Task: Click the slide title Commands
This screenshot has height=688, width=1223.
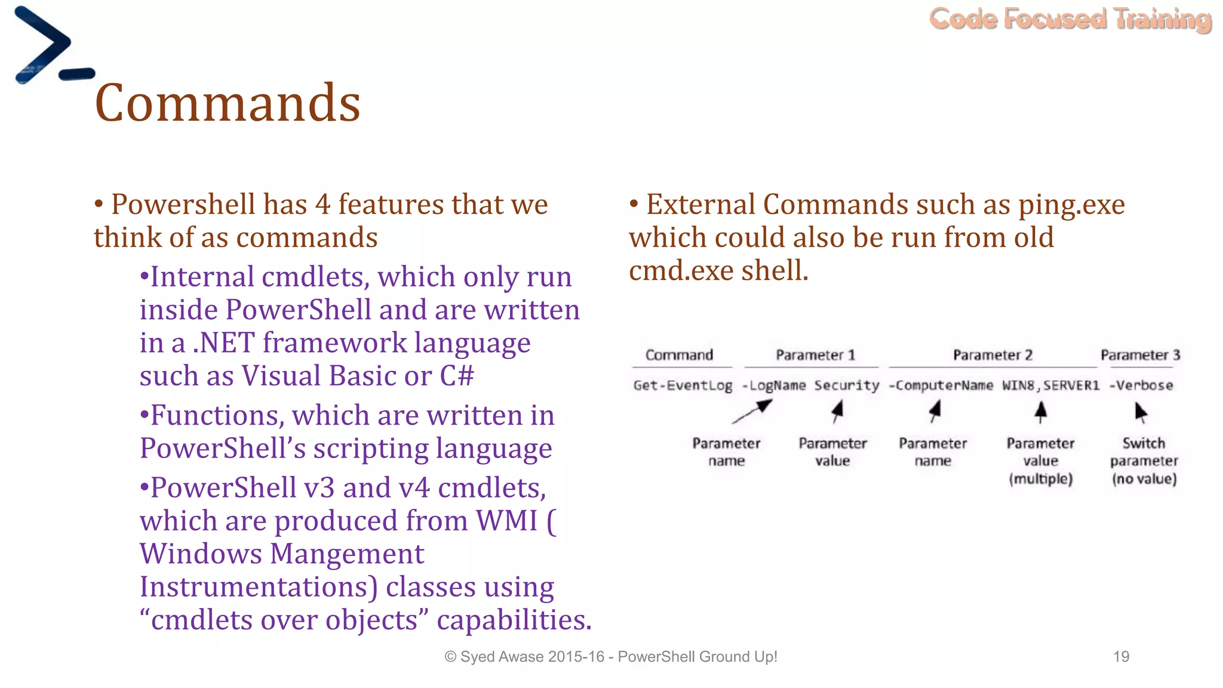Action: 228,103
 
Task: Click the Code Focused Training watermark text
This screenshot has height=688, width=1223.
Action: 1070,19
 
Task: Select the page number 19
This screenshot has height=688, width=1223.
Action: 1121,656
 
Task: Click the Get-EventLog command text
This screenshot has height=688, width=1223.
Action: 683,385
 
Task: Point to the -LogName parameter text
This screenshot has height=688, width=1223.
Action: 773,385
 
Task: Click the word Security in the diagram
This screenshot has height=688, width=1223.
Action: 847,385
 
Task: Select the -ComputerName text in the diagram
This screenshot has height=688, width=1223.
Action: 941,385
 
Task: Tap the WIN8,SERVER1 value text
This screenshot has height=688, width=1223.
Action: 1050,385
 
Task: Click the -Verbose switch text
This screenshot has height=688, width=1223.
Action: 1141,385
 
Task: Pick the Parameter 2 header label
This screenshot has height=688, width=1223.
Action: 992,355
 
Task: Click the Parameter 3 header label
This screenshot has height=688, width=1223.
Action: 1140,355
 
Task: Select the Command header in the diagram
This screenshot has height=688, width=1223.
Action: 679,355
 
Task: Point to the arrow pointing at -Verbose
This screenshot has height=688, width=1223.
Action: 1141,412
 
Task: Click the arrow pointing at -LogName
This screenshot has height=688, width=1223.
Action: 753,411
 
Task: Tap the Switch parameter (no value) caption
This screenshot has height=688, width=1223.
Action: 1144,460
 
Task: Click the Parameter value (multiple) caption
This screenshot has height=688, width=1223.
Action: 1040,460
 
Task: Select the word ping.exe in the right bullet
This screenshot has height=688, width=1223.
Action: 1071,205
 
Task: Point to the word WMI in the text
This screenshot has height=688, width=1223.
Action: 506,521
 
